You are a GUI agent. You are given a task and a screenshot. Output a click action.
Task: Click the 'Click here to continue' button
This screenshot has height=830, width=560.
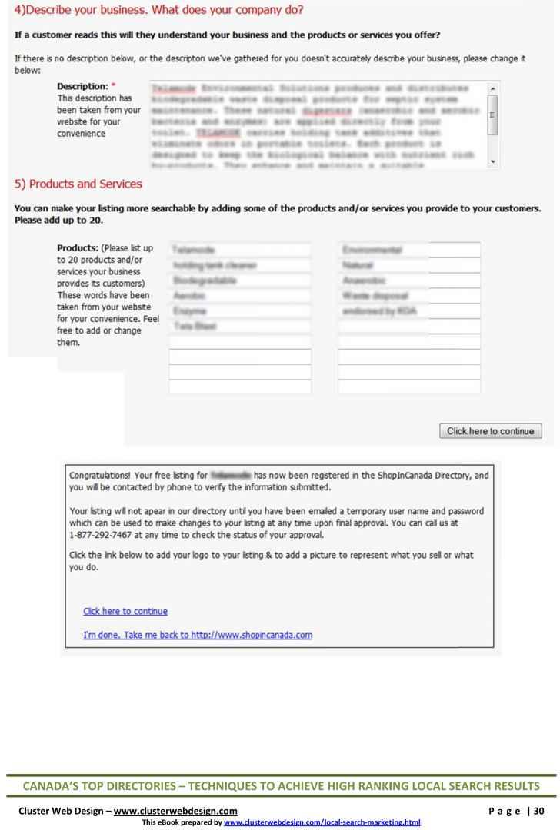pos(490,431)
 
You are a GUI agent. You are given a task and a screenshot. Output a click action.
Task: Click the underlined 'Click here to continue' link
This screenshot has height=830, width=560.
pos(125,612)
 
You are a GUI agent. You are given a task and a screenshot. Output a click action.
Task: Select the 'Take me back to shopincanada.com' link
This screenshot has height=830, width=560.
pos(198,635)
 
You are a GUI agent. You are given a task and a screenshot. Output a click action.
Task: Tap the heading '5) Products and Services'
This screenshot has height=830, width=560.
pos(78,184)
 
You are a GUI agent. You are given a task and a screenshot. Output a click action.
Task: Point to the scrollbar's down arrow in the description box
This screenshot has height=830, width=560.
pos(492,163)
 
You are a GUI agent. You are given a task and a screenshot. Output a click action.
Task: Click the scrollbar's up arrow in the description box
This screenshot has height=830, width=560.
pos(492,88)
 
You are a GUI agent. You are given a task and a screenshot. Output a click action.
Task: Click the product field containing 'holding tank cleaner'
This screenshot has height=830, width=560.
pos(240,265)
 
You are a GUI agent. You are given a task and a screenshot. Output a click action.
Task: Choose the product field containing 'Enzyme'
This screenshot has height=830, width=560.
pos(240,311)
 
